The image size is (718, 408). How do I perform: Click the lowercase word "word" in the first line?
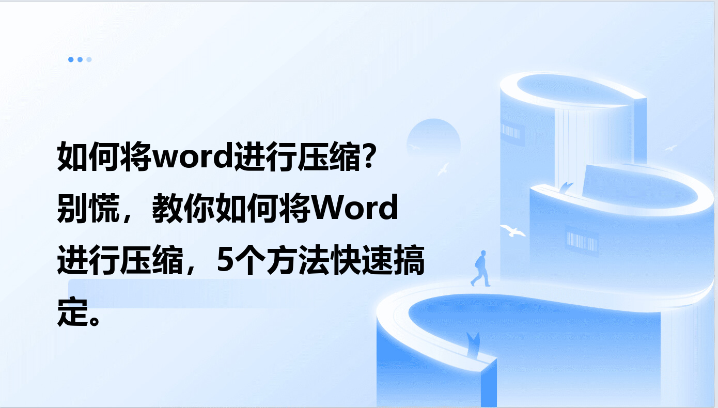pyautogui.click(x=192, y=157)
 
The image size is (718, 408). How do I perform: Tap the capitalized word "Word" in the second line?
pyautogui.click(x=355, y=208)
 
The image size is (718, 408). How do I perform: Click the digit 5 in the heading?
pyautogui.click(x=225, y=260)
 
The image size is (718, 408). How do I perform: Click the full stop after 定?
pyautogui.click(x=95, y=320)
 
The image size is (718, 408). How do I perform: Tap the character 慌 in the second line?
pyautogui.click(x=104, y=208)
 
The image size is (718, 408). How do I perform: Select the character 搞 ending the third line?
pyautogui.click(x=409, y=260)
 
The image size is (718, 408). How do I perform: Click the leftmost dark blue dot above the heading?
pyautogui.click(x=71, y=59)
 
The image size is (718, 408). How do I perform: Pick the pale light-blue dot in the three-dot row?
pyautogui.click(x=89, y=59)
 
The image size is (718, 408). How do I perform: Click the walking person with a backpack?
pyautogui.click(x=480, y=268)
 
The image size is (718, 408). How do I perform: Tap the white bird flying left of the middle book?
pyautogui.click(x=512, y=231)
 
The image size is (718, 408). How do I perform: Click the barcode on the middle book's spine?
pyautogui.click(x=582, y=241)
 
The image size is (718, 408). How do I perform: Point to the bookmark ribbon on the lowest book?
pyautogui.click(x=473, y=344)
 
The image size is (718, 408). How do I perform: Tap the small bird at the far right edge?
pyautogui.click(x=670, y=148)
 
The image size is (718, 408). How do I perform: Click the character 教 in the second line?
pyautogui.click(x=167, y=208)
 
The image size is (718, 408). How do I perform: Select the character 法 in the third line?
pyautogui.click(x=314, y=260)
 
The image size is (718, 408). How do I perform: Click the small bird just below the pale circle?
pyautogui.click(x=444, y=169)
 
